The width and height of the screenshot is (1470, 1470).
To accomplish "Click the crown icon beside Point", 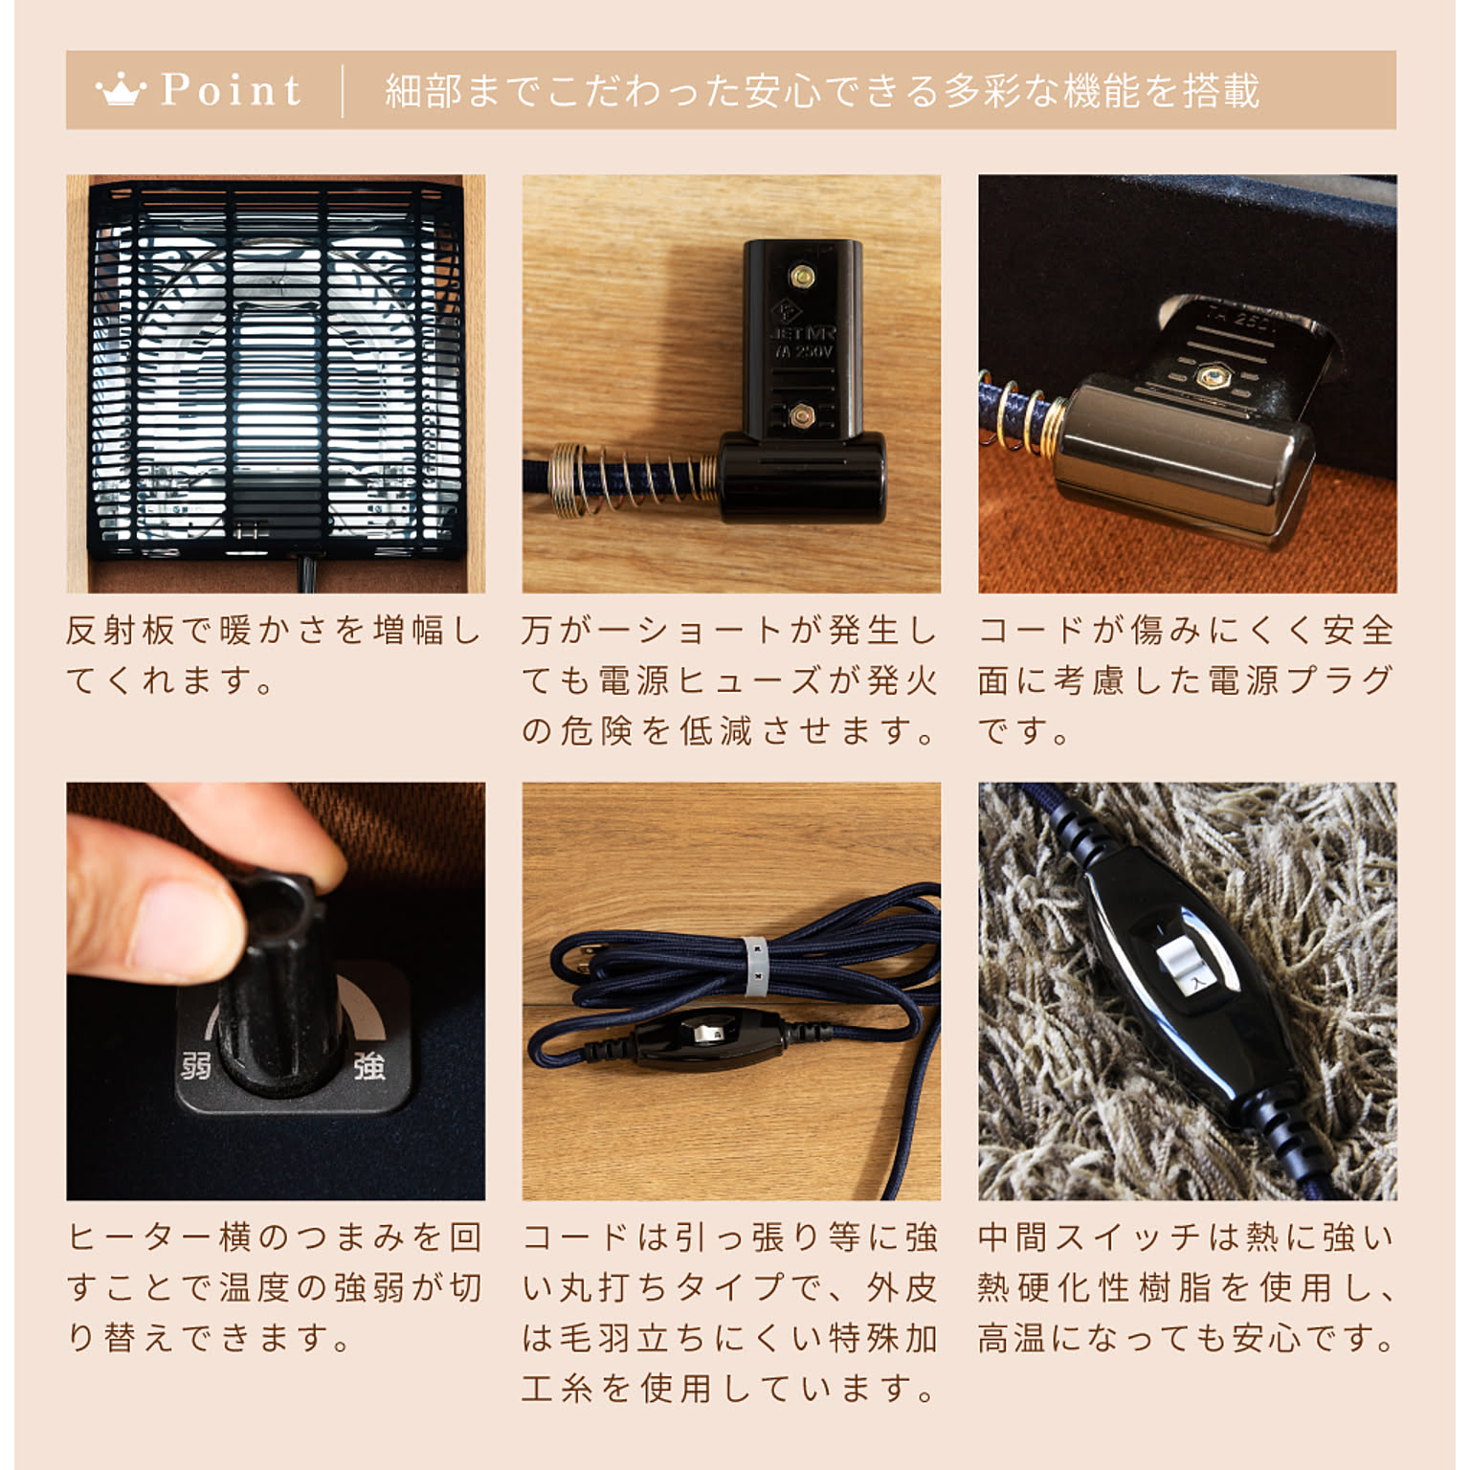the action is [121, 91].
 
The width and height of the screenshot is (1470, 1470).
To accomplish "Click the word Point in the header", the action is [231, 90].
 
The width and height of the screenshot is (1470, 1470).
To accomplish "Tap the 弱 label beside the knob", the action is [195, 1065].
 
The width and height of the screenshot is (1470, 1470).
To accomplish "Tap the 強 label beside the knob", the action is [369, 1065].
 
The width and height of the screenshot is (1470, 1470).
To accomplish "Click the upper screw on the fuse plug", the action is [802, 278].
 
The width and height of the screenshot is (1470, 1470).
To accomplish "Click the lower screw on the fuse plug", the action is [802, 415].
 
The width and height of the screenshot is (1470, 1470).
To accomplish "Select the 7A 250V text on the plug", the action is [804, 352].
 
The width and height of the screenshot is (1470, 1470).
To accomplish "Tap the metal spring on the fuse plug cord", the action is [633, 476].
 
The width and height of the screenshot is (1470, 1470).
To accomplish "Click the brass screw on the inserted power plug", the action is [1213, 377].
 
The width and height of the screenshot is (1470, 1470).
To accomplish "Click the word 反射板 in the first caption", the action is [121, 631].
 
